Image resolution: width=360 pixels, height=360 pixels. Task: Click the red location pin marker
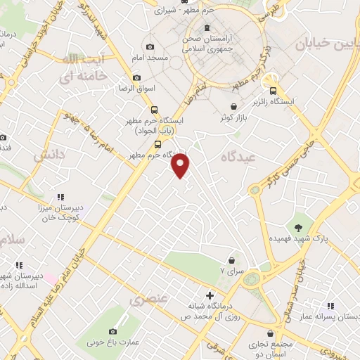point(181,165)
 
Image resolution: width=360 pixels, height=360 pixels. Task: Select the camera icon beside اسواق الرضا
point(136,78)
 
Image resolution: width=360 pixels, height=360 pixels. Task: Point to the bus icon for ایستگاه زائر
point(273,90)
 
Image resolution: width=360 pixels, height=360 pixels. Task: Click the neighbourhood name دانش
point(49,153)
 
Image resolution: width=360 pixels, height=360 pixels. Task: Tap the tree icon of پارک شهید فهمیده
point(300,227)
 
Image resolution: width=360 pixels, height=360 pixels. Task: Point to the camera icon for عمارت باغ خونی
point(113,331)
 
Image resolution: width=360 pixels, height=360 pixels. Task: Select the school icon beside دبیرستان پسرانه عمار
point(330,306)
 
